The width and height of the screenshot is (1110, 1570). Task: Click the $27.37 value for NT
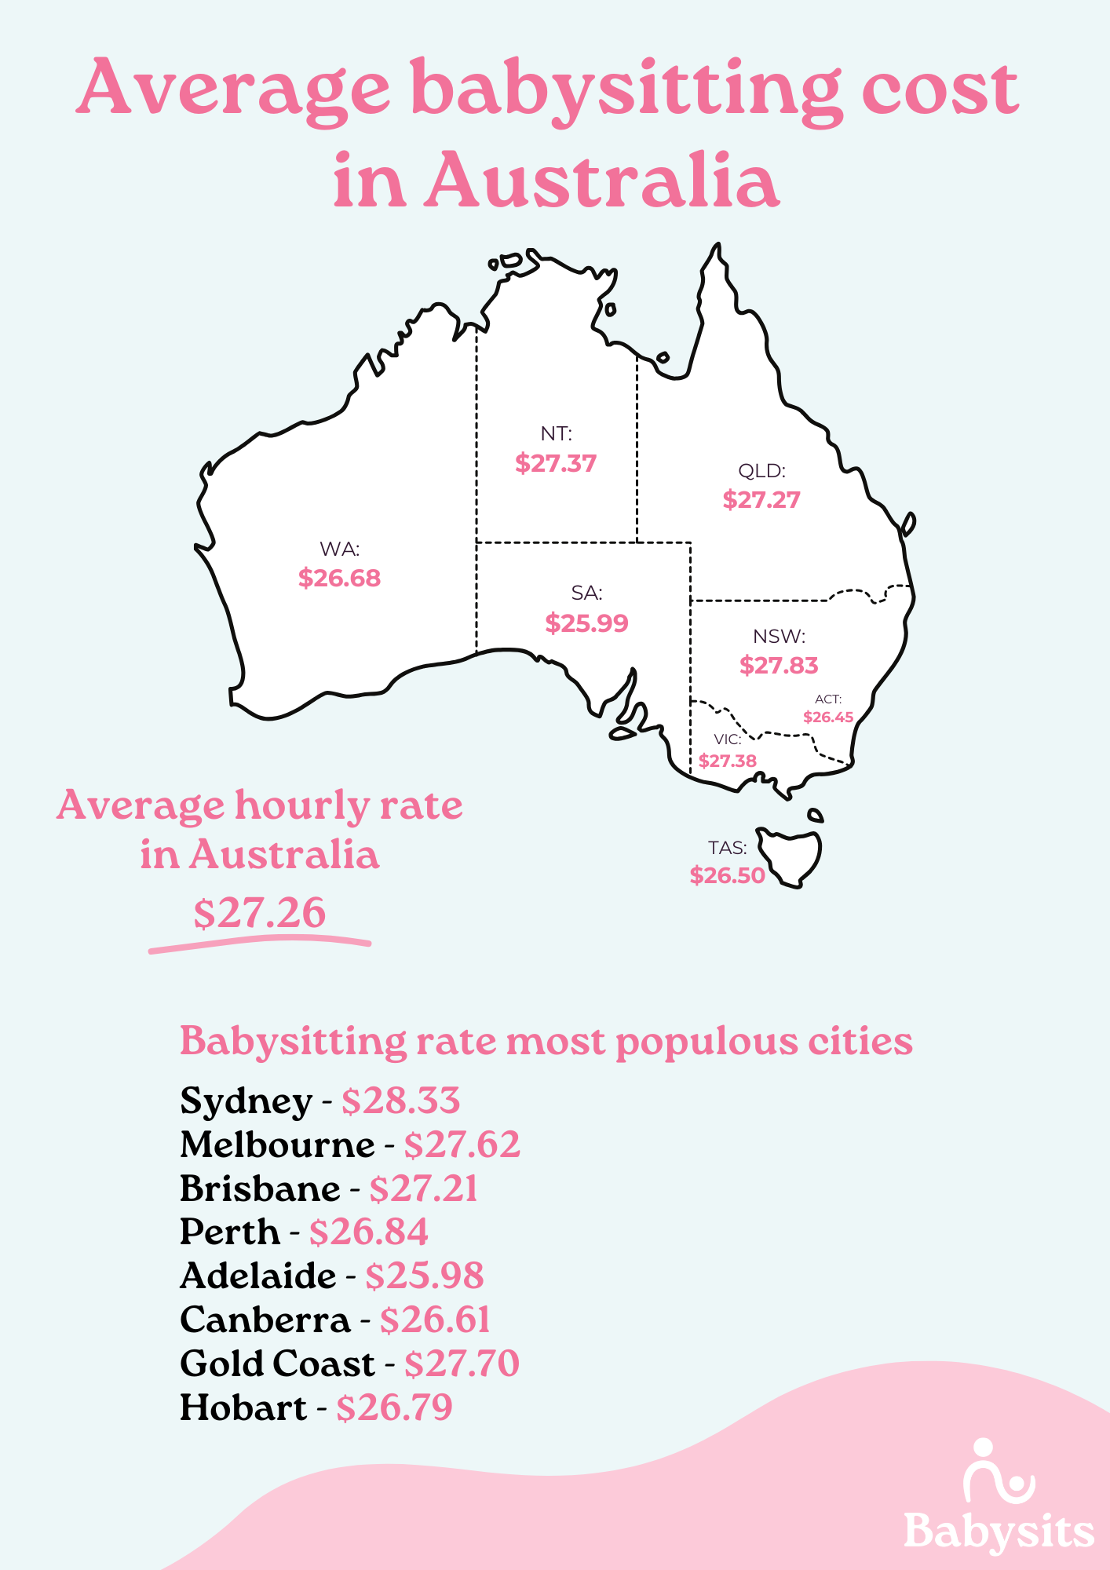[x=556, y=463]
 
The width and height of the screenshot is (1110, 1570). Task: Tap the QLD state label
[x=761, y=471]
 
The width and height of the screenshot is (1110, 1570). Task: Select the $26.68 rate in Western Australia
[x=339, y=579]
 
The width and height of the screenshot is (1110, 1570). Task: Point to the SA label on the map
[x=586, y=593]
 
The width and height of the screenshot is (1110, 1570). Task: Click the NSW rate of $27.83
[x=779, y=666]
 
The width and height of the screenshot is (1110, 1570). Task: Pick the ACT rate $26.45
[x=828, y=717]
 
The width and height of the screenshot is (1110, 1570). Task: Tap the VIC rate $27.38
[x=728, y=761]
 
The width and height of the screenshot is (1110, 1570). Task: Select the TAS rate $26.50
[x=727, y=875]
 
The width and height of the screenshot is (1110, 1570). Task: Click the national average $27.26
[x=259, y=913]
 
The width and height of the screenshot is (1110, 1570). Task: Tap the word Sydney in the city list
[x=246, y=1101]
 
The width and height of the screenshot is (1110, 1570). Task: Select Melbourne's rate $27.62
[x=462, y=1145]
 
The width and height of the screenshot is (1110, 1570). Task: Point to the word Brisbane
[x=260, y=1189]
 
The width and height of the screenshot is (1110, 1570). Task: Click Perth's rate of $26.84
[x=368, y=1232]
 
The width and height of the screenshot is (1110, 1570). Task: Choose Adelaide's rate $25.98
[x=424, y=1276]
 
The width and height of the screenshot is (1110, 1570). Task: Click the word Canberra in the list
[x=265, y=1320]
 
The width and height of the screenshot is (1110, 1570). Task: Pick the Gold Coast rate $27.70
[x=462, y=1364]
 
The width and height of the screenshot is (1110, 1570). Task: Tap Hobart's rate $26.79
[x=394, y=1408]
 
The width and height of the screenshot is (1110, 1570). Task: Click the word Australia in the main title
[x=601, y=182]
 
